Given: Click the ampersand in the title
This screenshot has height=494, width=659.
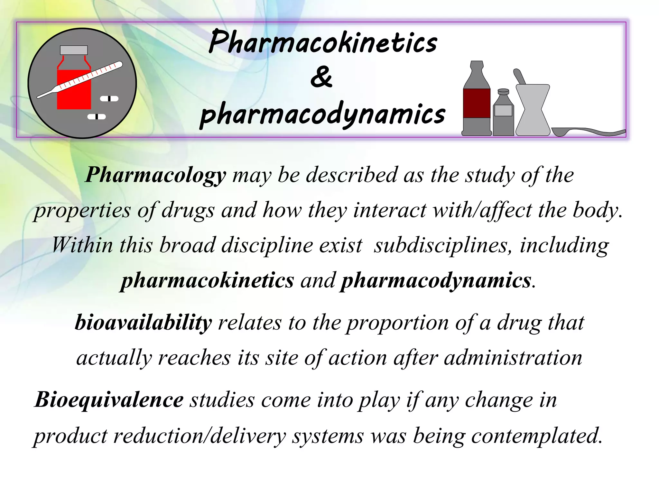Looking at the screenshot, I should pyautogui.click(x=321, y=77).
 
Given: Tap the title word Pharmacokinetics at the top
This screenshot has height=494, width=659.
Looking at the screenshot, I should pyautogui.click(x=323, y=42).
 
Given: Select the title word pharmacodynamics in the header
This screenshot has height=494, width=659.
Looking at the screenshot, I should pyautogui.click(x=323, y=114).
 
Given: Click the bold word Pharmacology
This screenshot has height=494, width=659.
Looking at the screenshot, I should pyautogui.click(x=156, y=175).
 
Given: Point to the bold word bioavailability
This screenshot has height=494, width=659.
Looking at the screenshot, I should pyautogui.click(x=144, y=323).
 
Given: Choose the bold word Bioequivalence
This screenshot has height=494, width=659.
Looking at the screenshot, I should pyautogui.click(x=109, y=400).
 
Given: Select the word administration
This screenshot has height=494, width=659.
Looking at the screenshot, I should pyautogui.click(x=513, y=358).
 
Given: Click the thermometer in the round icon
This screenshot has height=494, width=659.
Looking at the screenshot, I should pyautogui.click(x=80, y=80).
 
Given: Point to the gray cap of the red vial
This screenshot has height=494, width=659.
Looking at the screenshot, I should pyautogui.click(x=74, y=50).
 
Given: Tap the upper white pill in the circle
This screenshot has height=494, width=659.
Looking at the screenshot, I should pyautogui.click(x=109, y=99).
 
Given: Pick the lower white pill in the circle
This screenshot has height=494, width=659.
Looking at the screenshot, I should pyautogui.click(x=97, y=117).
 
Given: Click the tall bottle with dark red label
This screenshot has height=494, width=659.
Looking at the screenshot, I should pyautogui.click(x=477, y=100).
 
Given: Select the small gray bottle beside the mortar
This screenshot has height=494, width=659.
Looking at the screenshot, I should pyautogui.click(x=503, y=113).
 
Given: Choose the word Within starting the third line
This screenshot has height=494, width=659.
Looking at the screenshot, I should pyautogui.click(x=82, y=245).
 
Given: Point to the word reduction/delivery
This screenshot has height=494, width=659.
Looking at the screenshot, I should pyautogui.click(x=200, y=436).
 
